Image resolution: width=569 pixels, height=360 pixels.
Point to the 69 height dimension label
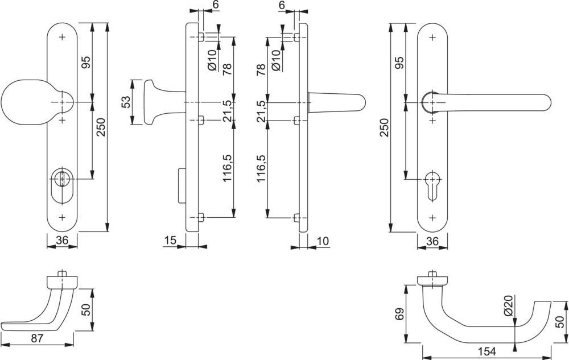(x=399, y=314)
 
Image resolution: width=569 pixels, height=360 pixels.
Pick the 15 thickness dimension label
(x=170, y=241)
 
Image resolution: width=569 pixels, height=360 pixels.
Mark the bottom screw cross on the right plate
(x=432, y=217)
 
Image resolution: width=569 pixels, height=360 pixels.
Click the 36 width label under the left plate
(x=62, y=241)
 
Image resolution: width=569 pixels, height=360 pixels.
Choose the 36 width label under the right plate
(x=432, y=241)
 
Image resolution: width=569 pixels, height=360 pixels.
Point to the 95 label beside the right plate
(x=398, y=63)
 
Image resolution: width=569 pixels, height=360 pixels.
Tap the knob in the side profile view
(x=154, y=102)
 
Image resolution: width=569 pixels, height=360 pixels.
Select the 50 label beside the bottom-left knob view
(x=86, y=311)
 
